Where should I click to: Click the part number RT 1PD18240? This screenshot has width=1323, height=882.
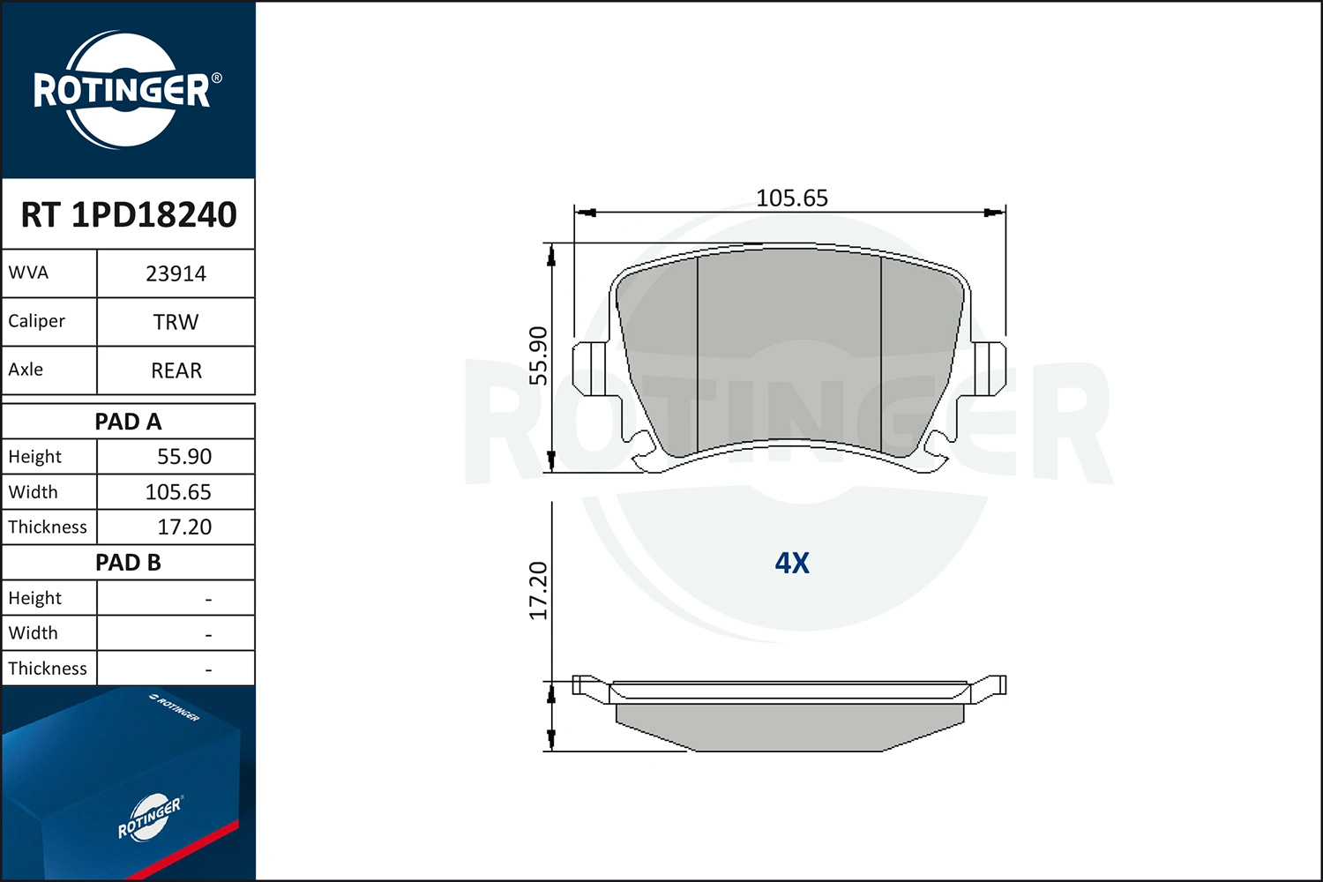129,214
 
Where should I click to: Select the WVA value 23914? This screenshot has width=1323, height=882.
176,274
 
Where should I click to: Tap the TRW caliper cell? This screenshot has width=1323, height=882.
176,322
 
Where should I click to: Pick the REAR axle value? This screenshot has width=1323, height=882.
176,370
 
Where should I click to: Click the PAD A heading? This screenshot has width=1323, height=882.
128,422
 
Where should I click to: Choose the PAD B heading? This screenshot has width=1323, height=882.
128,563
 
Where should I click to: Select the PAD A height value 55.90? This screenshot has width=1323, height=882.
184,457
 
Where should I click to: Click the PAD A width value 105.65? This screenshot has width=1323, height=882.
178,492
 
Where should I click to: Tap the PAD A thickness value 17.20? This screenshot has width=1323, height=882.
184,527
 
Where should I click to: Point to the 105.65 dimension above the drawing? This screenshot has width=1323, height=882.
792,198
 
